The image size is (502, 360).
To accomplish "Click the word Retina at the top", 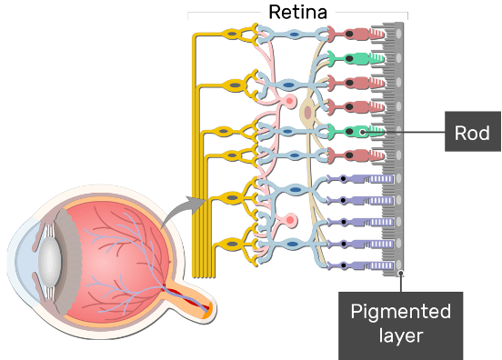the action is [297, 12].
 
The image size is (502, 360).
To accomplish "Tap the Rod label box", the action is [473, 132].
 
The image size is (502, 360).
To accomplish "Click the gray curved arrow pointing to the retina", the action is [184, 211].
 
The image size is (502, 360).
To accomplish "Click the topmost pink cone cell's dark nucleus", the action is [349, 34].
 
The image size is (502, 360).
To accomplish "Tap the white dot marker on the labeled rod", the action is [363, 132].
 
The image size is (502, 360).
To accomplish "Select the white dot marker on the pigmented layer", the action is [400, 274].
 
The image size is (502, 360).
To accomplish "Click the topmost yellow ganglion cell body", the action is [232, 34].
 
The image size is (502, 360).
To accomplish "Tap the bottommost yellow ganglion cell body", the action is [232, 245].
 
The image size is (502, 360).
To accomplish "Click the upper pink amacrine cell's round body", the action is [289, 101].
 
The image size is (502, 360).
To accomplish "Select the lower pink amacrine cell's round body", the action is [290, 220].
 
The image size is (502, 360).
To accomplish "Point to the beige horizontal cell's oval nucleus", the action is [307, 113].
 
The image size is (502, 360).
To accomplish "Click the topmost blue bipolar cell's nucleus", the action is [295, 34].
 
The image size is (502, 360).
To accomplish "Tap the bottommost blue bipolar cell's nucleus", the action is [292, 245].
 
